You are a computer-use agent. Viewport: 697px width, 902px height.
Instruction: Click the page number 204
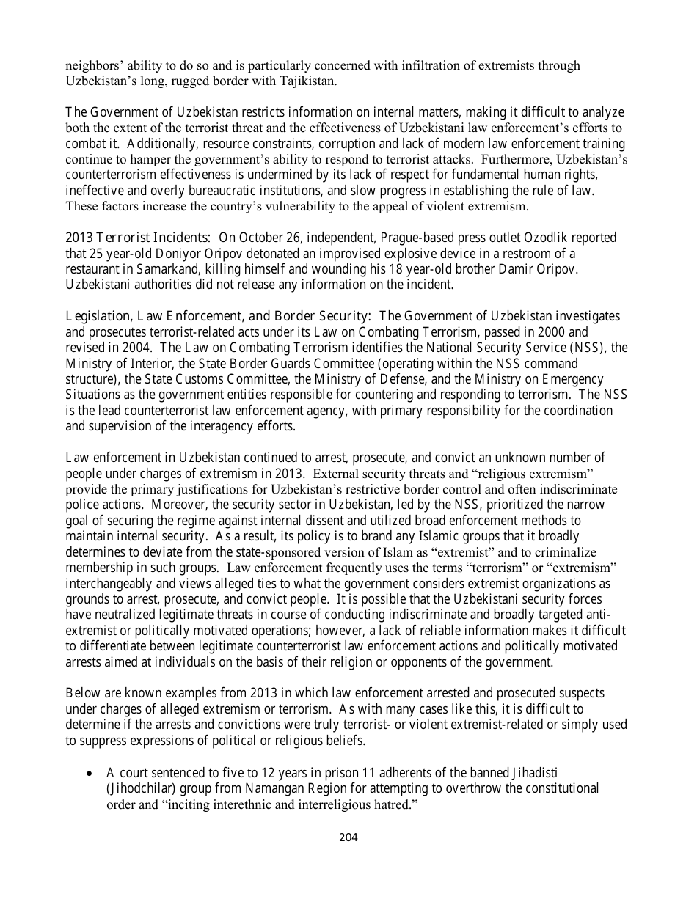pos(348,837)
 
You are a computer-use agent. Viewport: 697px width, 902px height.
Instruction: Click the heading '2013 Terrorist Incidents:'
pos(139,238)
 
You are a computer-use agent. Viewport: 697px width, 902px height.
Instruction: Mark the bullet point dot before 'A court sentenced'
pos(90,773)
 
